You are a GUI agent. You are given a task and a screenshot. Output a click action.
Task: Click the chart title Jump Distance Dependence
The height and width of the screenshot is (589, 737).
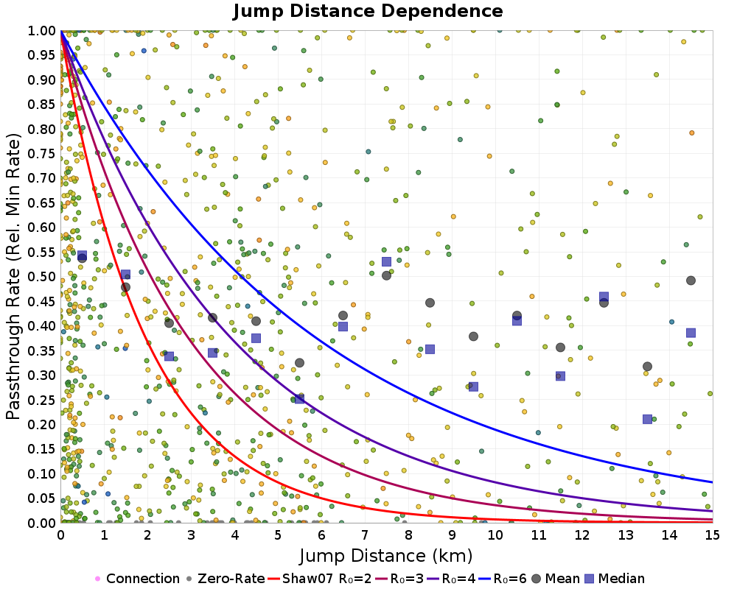click(x=368, y=11)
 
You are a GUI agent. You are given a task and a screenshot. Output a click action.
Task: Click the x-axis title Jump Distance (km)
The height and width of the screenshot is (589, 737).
click(x=385, y=554)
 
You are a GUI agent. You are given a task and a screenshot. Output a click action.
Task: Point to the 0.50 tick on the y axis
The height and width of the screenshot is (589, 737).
click(x=43, y=277)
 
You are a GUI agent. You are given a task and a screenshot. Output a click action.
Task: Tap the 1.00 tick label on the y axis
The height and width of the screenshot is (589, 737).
click(x=43, y=30)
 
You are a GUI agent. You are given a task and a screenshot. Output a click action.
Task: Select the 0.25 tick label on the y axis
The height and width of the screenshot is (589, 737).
click(x=43, y=400)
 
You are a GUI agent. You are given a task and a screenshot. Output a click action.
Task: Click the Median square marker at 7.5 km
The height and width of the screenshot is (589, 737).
click(x=386, y=262)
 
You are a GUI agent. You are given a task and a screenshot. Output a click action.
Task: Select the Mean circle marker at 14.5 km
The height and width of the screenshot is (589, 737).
click(x=691, y=281)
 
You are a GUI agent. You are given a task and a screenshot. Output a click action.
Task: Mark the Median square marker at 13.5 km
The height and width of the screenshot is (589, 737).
click(x=647, y=419)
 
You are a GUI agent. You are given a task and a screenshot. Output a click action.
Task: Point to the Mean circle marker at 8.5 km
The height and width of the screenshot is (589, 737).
click(x=430, y=303)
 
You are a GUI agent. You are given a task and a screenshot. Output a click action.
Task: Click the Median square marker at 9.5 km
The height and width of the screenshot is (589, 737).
click(x=473, y=387)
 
